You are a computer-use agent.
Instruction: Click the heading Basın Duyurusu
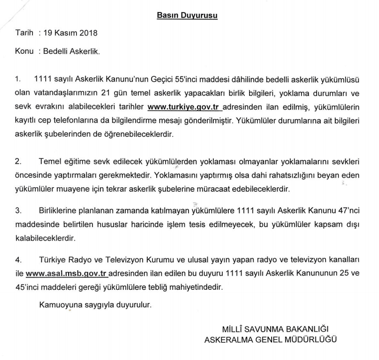point(187,15)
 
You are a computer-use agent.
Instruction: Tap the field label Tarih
point(24,33)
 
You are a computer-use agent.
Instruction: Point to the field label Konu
point(24,51)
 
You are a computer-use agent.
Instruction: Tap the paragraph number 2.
point(18,162)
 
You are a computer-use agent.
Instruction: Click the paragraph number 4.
point(18,260)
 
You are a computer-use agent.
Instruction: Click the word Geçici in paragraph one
point(165,80)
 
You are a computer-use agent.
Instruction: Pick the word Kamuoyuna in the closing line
point(58,304)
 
